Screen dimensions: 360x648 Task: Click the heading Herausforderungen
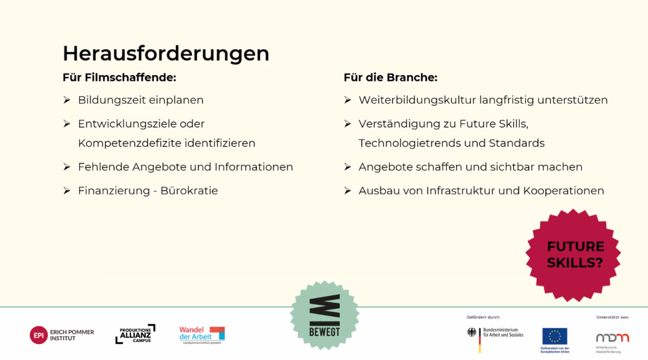[x=166, y=53]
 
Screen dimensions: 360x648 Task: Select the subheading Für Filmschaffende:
[x=119, y=77]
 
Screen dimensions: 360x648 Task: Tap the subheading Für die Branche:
[x=391, y=77]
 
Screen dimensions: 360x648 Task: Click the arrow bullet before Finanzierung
[x=67, y=191]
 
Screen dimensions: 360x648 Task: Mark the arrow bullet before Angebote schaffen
[x=347, y=167]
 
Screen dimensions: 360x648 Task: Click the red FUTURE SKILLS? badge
[x=574, y=255]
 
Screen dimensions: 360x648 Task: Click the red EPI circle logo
[x=38, y=335]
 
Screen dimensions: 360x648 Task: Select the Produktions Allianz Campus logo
[x=135, y=334]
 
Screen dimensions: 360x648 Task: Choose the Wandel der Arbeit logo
[x=202, y=335]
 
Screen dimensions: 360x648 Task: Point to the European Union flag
[x=554, y=336]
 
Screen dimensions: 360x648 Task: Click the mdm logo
[x=612, y=338]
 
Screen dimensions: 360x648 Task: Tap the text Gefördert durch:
[x=483, y=317]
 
